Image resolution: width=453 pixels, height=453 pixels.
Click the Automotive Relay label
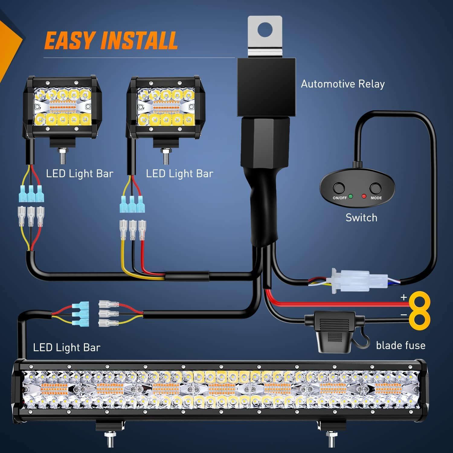tap(343, 84)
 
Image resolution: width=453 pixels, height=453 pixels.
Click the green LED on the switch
tap(351, 196)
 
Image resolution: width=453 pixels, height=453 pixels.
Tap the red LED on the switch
tap(364, 196)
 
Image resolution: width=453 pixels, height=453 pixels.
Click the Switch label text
tap(361, 218)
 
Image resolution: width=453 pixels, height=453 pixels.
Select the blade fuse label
tap(400, 345)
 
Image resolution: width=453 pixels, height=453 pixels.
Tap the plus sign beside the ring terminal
tap(404, 297)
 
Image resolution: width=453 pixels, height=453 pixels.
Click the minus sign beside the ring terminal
tap(404, 315)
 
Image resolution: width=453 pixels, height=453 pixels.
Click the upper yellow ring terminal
tap(419, 301)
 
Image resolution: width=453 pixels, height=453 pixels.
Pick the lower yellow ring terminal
tap(420, 319)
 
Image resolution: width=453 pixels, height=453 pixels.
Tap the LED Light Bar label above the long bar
tap(66, 347)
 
